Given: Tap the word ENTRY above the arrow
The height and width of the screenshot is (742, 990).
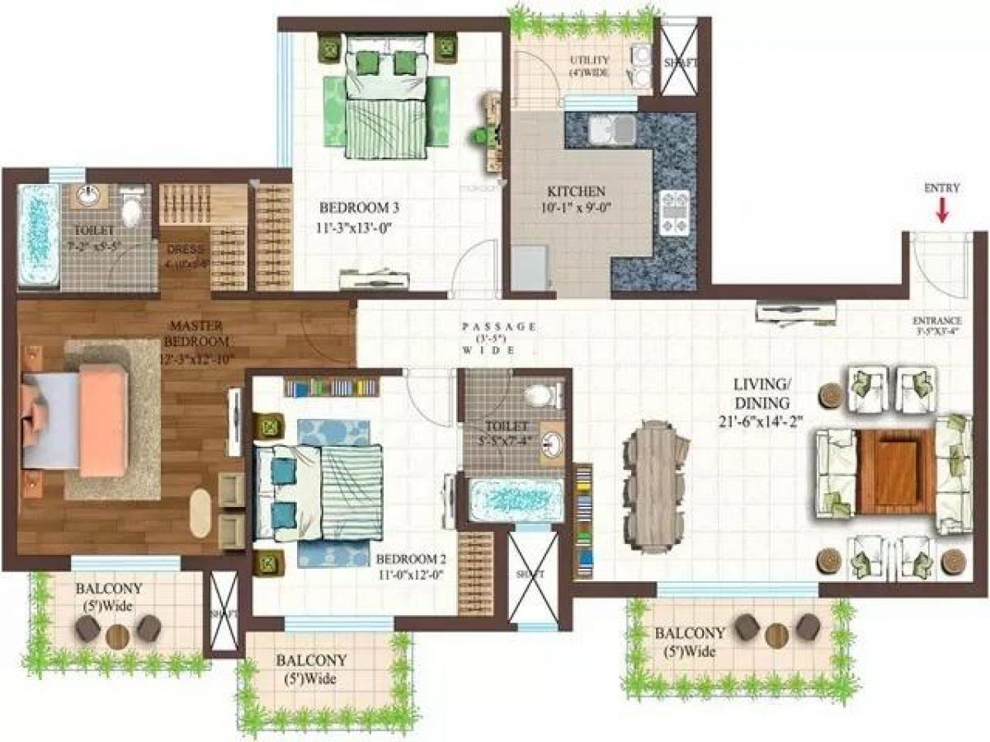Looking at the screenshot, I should [x=942, y=188].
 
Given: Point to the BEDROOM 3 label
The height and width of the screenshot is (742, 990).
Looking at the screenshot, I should [x=353, y=207].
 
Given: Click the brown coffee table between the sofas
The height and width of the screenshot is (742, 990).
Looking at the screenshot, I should [x=896, y=470].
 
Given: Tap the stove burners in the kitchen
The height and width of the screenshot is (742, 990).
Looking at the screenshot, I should [x=676, y=211].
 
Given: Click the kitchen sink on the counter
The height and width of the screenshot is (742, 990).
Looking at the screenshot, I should [x=612, y=129].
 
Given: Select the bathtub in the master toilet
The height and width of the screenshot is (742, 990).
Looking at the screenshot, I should [x=38, y=235].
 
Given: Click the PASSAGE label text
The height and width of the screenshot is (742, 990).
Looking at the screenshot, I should [x=499, y=326].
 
